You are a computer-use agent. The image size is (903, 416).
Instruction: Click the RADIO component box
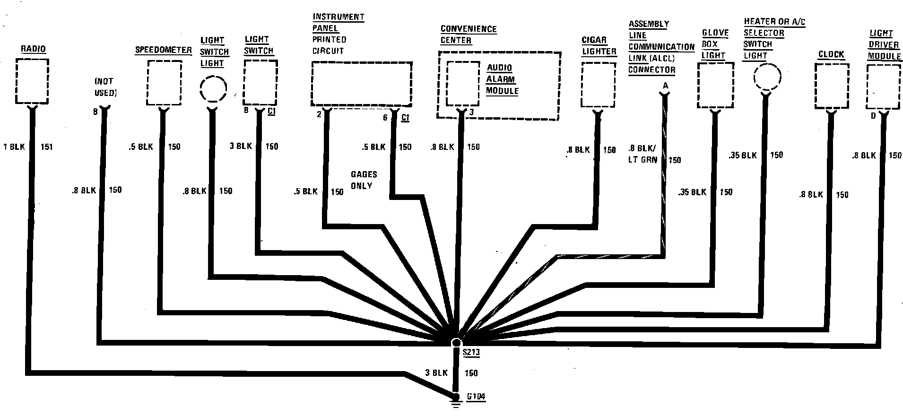coord(32,81)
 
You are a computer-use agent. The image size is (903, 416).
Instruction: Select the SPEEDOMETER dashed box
coord(164,83)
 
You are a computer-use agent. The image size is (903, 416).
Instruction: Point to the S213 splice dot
coord(456,343)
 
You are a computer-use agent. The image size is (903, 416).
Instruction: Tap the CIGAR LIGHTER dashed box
coord(598,85)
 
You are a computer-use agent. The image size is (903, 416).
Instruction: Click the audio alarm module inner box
coord(463,84)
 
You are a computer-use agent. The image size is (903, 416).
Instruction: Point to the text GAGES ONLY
coord(364,180)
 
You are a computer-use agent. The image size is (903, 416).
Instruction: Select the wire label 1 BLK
coord(14,147)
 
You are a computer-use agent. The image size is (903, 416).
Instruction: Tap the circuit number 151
coord(46,147)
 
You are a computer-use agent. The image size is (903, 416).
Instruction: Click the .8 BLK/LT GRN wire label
coord(643,154)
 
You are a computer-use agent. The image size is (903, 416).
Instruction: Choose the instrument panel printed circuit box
coord(361,83)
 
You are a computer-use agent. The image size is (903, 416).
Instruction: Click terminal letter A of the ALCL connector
coord(665,86)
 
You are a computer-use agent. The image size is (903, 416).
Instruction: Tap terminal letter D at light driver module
coord(873,116)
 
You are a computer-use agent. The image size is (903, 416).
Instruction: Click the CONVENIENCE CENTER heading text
coord(468,35)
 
